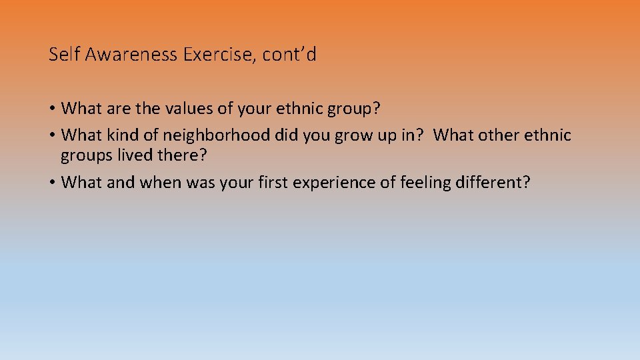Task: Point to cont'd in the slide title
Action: [289, 55]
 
